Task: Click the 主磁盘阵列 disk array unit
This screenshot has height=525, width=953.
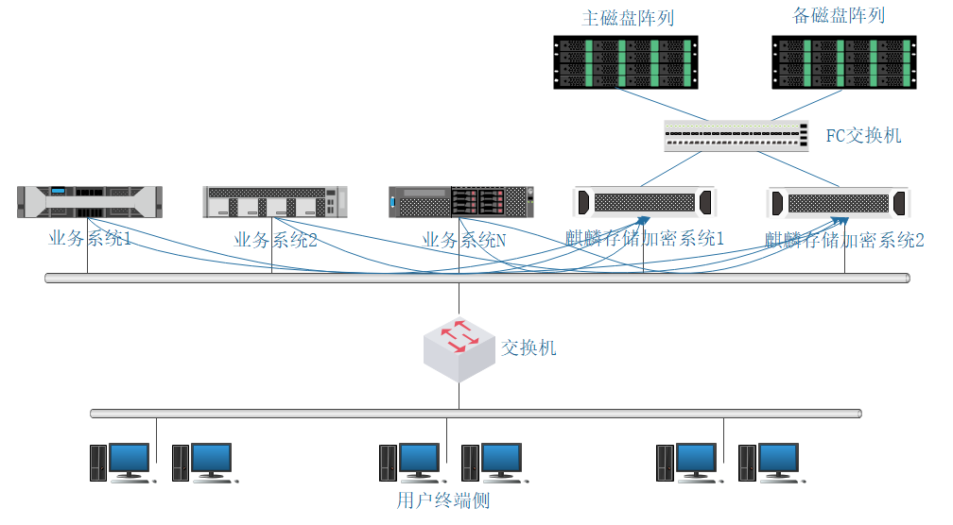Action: (x=625, y=62)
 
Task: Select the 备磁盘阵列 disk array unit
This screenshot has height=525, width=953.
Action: (x=844, y=62)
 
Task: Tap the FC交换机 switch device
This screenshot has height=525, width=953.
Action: (x=736, y=136)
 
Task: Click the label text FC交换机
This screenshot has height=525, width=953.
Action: (x=863, y=136)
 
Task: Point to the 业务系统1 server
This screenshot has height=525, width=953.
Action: (x=90, y=202)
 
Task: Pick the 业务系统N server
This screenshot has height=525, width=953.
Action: (x=462, y=202)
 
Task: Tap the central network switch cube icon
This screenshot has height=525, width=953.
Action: (x=459, y=347)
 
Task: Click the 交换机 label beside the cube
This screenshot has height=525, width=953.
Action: (x=528, y=348)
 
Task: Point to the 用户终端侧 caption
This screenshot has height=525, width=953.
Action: (x=443, y=500)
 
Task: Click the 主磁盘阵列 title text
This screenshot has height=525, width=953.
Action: (x=627, y=18)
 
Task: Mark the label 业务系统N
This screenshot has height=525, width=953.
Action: (x=463, y=240)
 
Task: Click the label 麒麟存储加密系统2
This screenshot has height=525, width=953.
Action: (x=844, y=240)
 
